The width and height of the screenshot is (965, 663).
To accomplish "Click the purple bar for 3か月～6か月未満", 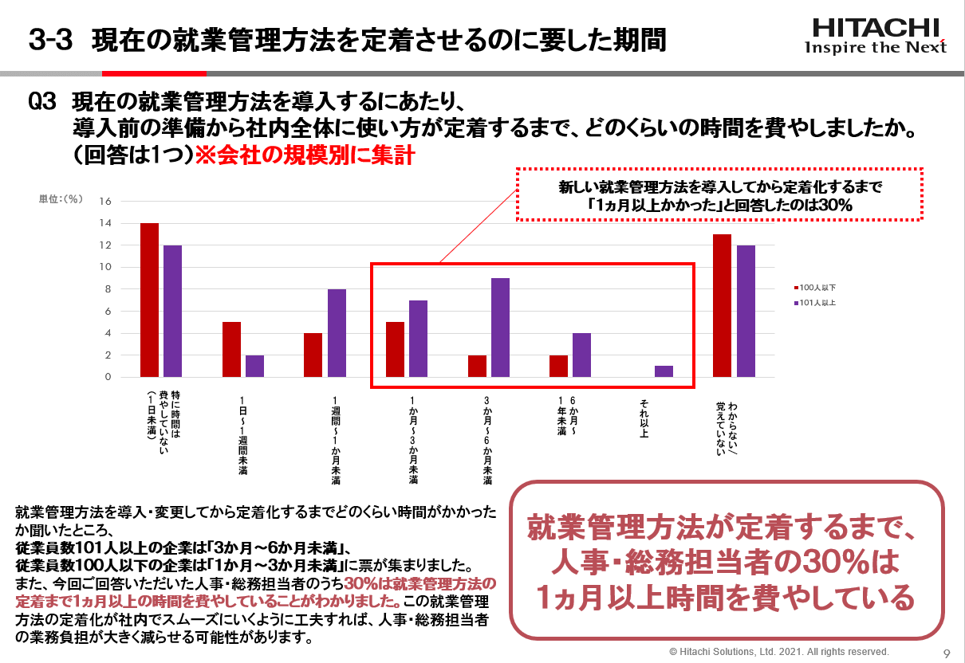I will (500, 327).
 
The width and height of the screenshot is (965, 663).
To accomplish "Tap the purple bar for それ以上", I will (664, 371).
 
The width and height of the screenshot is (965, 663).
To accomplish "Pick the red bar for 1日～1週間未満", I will (231, 349).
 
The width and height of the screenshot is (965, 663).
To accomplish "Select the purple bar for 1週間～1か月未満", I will (337, 332).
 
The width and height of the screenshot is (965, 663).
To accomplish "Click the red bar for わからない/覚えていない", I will (722, 305).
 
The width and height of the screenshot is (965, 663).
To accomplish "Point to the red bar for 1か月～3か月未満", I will (395, 349).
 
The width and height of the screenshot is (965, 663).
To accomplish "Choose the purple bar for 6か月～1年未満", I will (581, 355).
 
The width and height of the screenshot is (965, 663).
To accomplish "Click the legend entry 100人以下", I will (817, 287).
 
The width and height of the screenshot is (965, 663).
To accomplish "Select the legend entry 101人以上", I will (817, 303).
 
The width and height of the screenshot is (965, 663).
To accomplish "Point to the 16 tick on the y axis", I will (104, 201).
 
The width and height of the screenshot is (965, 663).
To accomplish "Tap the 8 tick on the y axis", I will (107, 289).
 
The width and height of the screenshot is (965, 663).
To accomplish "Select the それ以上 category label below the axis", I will (644, 418).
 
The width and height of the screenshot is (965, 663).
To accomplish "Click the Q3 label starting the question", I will (45, 103).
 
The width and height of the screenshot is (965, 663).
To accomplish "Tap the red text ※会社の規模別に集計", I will (305, 155).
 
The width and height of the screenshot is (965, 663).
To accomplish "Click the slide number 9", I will (947, 653).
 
